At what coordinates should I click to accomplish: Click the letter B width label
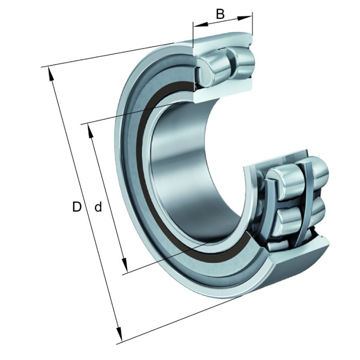click(x=220, y=14)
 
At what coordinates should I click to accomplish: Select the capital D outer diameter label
click(x=77, y=207)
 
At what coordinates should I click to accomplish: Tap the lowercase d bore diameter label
click(x=98, y=207)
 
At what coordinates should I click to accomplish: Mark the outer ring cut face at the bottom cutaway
click(x=297, y=256)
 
